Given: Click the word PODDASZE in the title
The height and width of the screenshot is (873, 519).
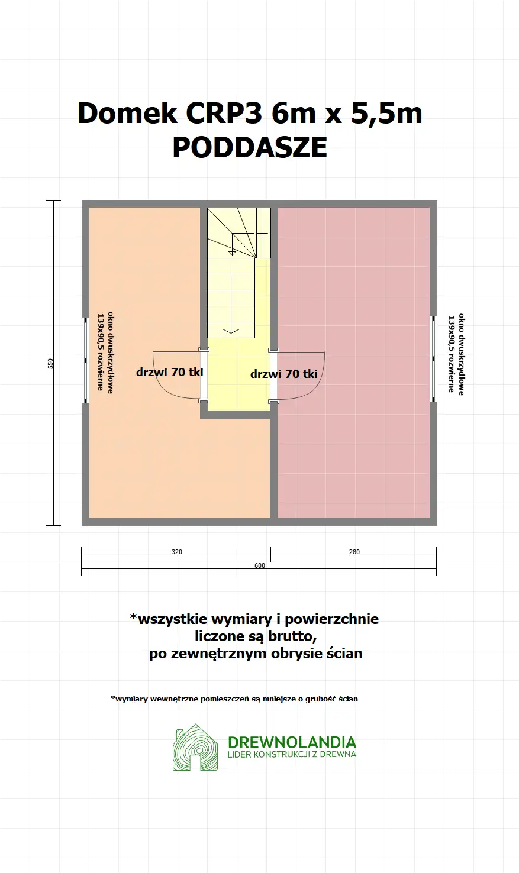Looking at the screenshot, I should coord(250,148).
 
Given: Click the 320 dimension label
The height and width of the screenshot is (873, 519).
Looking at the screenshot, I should coord(177,552).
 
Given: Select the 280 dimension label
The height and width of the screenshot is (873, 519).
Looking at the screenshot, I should coord(354,552).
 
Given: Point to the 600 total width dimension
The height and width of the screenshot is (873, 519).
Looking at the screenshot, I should coord(260,565).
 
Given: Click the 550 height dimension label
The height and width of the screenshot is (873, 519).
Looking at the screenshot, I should coord(51,363).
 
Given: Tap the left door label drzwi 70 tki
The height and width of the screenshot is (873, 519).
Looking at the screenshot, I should coord(169,372).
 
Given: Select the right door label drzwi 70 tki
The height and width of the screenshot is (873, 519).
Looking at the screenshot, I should coord(283,374).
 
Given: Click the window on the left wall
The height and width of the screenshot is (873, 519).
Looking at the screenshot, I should coord(85,361).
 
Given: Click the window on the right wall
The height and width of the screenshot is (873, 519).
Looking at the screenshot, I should coord(433,359).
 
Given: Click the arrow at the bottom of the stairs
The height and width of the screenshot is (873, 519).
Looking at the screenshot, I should coord(231,330).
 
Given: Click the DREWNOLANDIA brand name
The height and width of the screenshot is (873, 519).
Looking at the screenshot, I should coord(292,742).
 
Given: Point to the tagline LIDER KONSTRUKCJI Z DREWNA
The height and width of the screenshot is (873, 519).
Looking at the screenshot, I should coord(292,755).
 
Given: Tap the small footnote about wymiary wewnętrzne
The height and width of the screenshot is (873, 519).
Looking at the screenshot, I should coord(234,699).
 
